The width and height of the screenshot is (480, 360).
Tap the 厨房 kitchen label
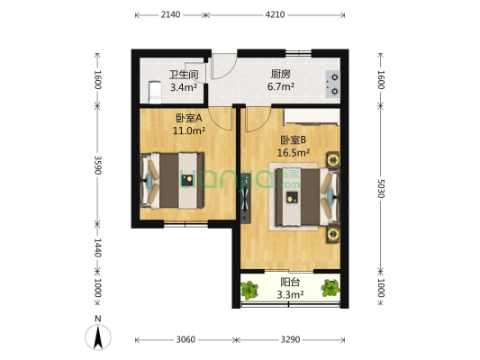point(280,76)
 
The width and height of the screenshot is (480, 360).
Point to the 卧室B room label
point(294,139)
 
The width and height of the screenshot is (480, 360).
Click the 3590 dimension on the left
point(96,166)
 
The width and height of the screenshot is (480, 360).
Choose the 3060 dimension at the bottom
point(186,340)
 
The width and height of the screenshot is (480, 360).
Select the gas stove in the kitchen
point(332,83)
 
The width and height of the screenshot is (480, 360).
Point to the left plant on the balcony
point(249,289)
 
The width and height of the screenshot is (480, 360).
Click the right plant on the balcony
point(332,289)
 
